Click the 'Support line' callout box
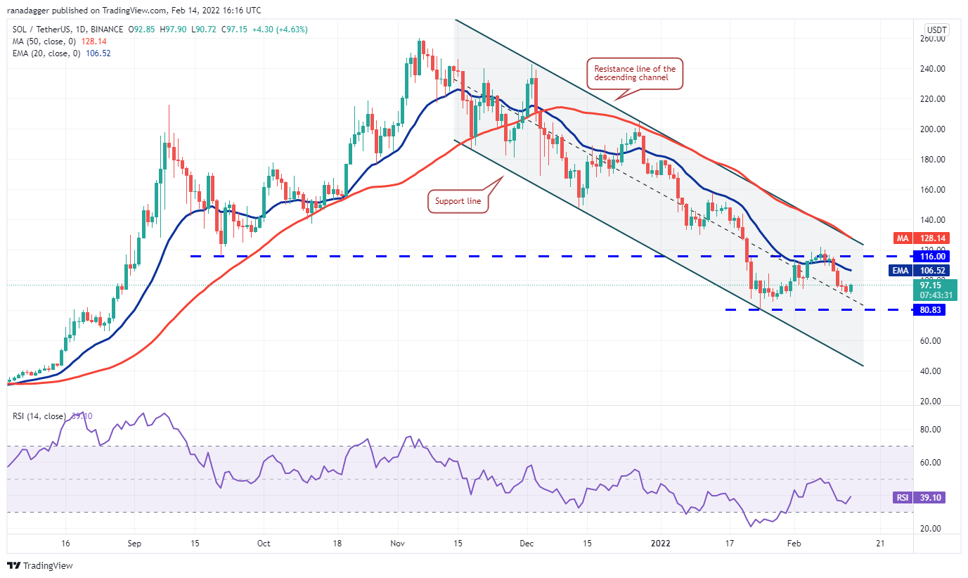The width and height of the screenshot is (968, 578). point(458,202)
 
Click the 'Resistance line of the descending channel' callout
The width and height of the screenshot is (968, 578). point(635,73)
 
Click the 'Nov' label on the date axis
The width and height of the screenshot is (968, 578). point(399,544)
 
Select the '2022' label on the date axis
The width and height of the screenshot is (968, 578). point(660,544)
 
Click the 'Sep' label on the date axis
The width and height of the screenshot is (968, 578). point(136,544)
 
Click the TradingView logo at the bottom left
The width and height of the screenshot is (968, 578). point(40,565)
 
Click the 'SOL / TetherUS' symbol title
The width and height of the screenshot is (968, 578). point(41,30)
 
